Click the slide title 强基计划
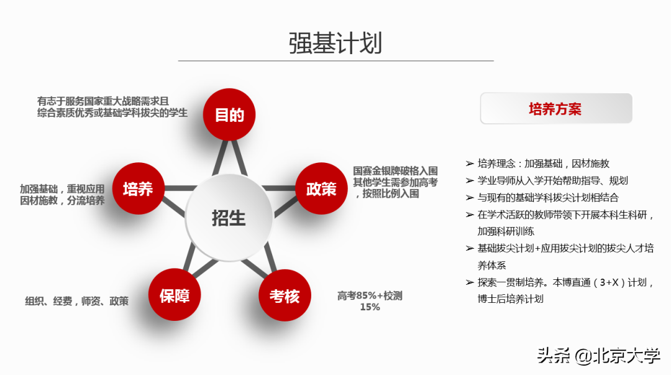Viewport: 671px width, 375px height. point(335,43)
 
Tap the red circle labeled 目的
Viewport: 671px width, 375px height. point(230,115)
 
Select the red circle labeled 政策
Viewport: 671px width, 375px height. point(321,189)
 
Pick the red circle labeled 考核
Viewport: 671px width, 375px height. point(285,296)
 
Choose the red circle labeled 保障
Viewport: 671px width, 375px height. point(175,296)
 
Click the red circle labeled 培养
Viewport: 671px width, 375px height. point(138,189)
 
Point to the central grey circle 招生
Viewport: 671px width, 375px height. point(229,218)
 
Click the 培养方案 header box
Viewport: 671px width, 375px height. point(556,109)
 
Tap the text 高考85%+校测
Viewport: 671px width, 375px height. point(370,295)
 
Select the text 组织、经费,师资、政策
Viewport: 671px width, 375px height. point(77,301)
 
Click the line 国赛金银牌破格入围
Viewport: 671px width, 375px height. point(396,170)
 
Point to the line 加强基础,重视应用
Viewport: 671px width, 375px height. point(62,189)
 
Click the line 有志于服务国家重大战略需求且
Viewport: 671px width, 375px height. point(103,101)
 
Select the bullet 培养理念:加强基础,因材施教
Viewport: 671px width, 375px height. point(544,164)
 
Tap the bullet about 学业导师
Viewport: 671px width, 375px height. point(552,180)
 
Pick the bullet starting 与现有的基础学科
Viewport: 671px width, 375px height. point(548,197)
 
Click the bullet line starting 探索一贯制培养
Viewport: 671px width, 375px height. point(565,282)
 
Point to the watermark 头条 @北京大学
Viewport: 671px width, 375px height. point(598,356)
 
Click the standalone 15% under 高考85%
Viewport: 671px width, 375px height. point(370,307)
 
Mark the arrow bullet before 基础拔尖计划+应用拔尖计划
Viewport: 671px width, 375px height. point(470,248)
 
